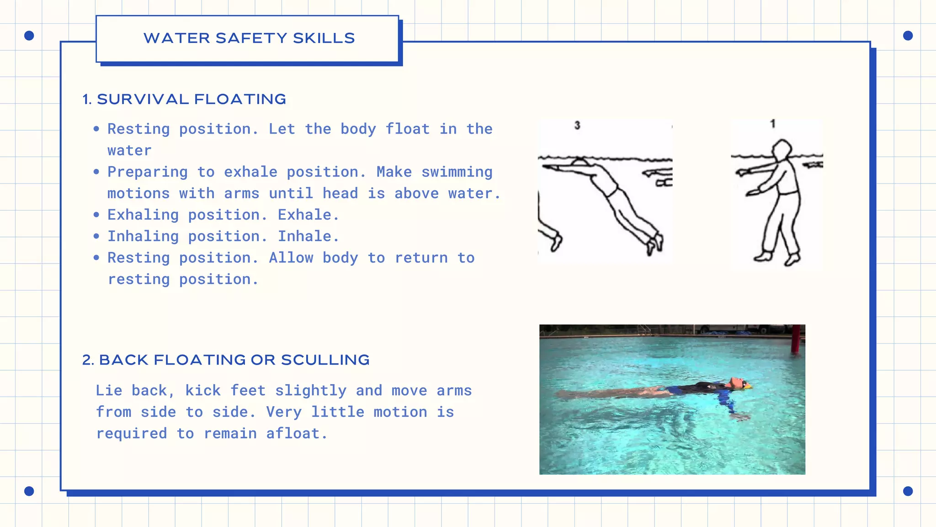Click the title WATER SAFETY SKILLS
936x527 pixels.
[x=249, y=38]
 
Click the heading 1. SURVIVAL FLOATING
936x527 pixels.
[x=184, y=99]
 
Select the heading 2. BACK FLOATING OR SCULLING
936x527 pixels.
[x=226, y=360]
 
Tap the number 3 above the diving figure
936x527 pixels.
[x=577, y=125]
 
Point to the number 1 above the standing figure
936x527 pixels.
[x=773, y=124]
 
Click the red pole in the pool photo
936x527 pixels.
[x=797, y=339]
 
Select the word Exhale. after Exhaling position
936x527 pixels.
[x=308, y=215]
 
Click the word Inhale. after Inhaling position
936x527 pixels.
[x=308, y=237]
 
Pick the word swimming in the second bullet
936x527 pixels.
[x=457, y=172]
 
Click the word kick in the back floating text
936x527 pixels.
[x=202, y=391]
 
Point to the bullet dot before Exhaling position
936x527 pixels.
[x=96, y=215]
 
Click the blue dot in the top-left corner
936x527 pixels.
[x=29, y=36]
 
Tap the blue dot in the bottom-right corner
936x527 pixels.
[x=908, y=491]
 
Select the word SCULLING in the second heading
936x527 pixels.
[x=325, y=360]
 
